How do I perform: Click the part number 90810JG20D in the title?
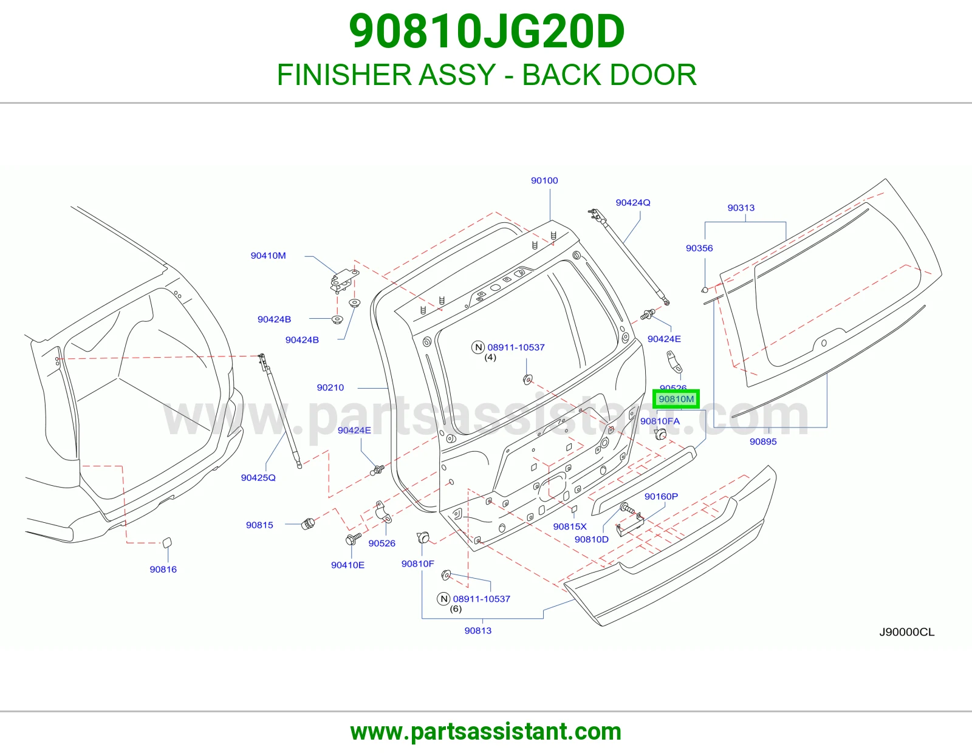[486, 32]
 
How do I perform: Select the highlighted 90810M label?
[676, 399]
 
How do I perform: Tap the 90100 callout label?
[544, 180]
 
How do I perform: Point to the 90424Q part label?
[633, 203]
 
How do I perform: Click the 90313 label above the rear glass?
[741, 208]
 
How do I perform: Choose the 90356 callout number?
[699, 248]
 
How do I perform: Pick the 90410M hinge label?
[268, 256]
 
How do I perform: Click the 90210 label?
[330, 387]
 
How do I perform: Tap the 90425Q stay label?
[258, 477]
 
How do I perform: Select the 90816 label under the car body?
[163, 569]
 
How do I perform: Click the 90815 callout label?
[259, 525]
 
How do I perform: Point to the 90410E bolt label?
[347, 565]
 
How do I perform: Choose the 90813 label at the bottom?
[477, 630]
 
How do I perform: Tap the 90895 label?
[763, 441]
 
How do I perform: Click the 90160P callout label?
[661, 496]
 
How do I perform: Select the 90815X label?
[570, 526]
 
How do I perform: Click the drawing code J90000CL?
[906, 632]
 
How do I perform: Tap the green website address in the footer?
[486, 732]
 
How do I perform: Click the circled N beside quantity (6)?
[443, 599]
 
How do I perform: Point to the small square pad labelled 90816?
[166, 542]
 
